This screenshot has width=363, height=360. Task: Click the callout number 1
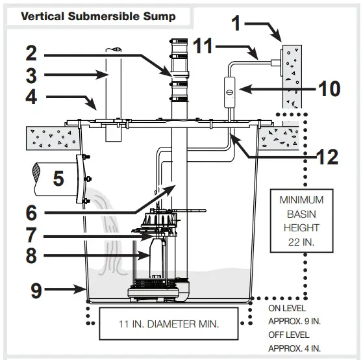(x=236, y=23)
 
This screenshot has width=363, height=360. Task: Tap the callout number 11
(x=203, y=46)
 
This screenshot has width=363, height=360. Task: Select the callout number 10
(x=329, y=89)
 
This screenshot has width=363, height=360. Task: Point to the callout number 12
(x=327, y=157)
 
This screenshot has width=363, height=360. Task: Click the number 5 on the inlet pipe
(x=58, y=179)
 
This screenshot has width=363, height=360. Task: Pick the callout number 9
(x=36, y=290)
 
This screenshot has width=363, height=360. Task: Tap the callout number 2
(x=31, y=53)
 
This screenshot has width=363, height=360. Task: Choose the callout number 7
(x=31, y=235)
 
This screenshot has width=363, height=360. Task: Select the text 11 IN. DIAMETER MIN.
(x=169, y=324)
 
